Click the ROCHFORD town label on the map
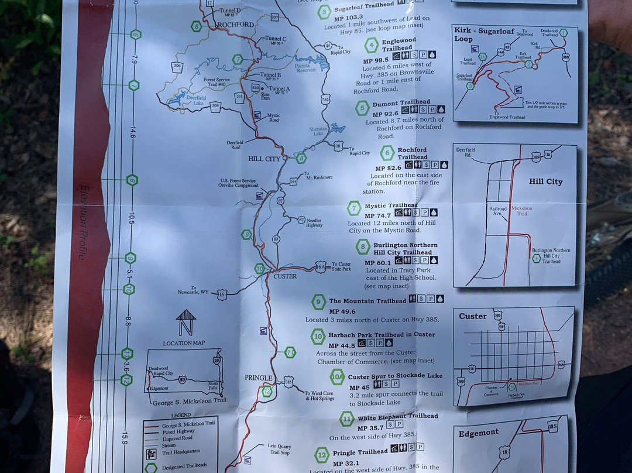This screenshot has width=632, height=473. click(x=235, y=25)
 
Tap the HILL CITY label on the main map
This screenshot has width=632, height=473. click(x=265, y=159)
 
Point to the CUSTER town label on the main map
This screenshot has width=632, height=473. click(x=285, y=276)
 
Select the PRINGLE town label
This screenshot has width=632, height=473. click(x=258, y=378)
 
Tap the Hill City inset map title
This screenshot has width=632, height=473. click(x=545, y=181)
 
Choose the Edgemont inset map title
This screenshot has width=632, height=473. click(x=479, y=433)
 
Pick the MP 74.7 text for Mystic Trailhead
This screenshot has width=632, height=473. click(x=377, y=215)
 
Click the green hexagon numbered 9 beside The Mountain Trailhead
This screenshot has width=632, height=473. click(x=318, y=301)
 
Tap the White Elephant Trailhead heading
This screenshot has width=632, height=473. click(x=398, y=416)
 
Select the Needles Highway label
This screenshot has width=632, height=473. click(x=314, y=222)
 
